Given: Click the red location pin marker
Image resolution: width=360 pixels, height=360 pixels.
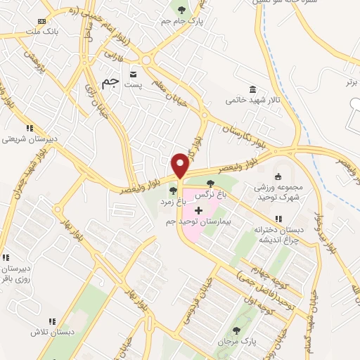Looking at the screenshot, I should (180, 165).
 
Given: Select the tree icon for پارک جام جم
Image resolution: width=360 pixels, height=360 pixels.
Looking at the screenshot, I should (183, 10).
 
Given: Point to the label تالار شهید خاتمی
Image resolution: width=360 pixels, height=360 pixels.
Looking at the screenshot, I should (252, 101).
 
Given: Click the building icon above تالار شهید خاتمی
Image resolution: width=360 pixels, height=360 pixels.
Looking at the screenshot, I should (252, 89).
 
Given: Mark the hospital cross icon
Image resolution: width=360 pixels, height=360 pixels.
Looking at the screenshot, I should (199, 210).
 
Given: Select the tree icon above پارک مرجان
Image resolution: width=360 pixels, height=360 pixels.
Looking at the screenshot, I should (235, 330).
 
